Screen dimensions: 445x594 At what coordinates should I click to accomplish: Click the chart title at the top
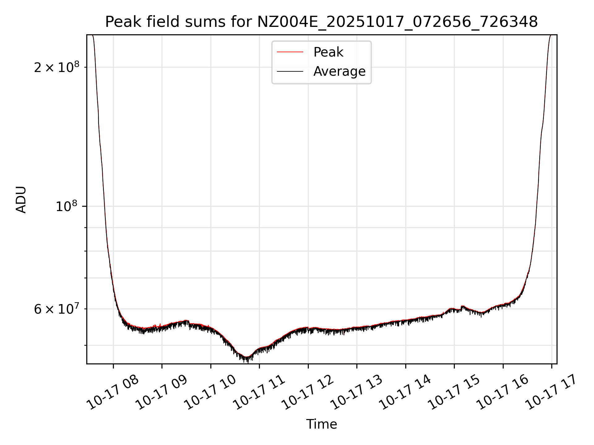click(321, 22)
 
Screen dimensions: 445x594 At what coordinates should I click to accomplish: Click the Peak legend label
click(328, 52)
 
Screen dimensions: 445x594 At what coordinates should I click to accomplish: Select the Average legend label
click(339, 71)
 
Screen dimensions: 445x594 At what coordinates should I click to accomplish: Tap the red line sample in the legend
click(290, 52)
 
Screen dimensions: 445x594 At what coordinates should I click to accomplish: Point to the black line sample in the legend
click(290, 71)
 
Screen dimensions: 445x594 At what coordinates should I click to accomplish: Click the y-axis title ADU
click(21, 200)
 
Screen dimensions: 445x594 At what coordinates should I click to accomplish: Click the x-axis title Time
click(321, 424)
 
